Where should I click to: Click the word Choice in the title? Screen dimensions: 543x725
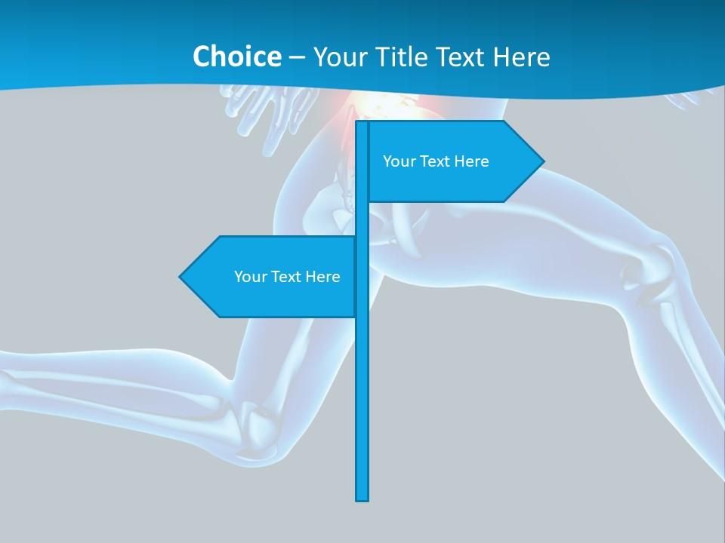[236, 57]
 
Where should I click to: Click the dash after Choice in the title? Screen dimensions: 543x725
[297, 57]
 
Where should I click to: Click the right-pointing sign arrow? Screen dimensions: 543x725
[453, 161]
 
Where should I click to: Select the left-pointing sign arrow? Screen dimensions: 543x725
[268, 277]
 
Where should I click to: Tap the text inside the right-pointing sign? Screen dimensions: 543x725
[436, 161]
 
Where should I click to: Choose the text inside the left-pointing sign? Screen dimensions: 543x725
[287, 277]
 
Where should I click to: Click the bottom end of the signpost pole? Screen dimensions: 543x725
[362, 498]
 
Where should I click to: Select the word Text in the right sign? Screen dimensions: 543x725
[436, 161]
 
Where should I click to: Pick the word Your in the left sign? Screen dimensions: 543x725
[250, 277]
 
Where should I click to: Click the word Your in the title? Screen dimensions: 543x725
[338, 57]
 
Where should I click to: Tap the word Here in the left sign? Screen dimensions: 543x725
[322, 277]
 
